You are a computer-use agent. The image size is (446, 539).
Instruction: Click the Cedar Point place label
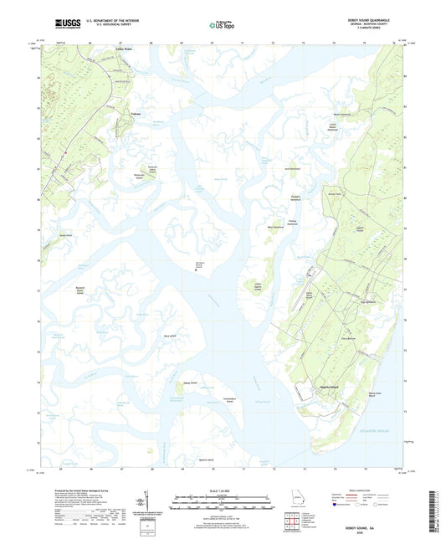click(100, 52)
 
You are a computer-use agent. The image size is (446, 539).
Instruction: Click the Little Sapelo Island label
click(260, 290)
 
